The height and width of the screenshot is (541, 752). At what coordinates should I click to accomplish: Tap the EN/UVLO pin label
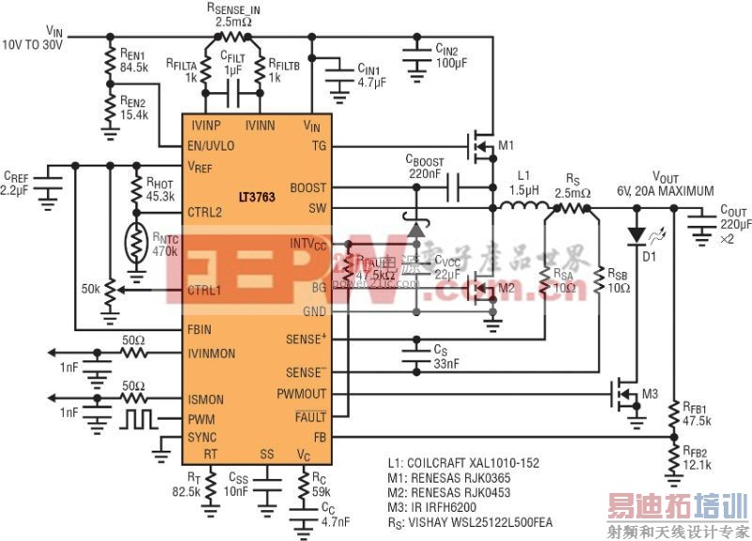tap(211, 146)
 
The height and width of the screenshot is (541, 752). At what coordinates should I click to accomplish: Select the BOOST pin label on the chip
tap(308, 188)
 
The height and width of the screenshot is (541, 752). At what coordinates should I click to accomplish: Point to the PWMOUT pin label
tap(302, 394)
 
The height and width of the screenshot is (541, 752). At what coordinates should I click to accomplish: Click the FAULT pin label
tap(309, 417)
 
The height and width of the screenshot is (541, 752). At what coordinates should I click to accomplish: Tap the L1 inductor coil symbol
tap(524, 208)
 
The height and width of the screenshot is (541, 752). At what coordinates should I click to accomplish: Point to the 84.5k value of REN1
tap(134, 68)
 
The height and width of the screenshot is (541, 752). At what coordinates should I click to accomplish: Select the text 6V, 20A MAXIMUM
tap(666, 190)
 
